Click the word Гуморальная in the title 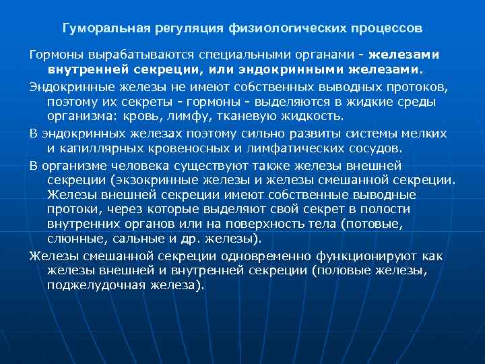[x=98, y=30]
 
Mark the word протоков [x=408, y=88]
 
